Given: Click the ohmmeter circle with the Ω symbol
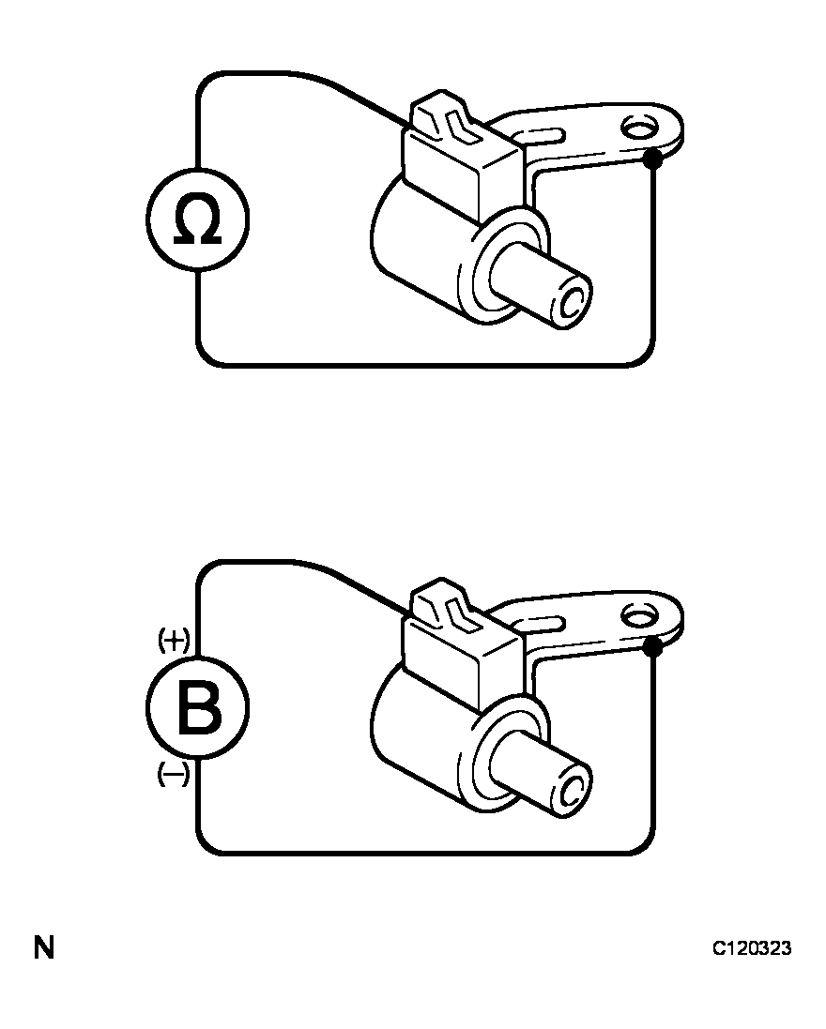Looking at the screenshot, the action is [197, 219].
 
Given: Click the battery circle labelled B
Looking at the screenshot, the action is [197, 708].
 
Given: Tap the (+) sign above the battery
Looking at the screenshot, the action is [174, 639].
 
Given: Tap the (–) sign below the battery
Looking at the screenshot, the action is [174, 775].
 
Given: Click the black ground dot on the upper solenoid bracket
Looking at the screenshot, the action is [652, 159].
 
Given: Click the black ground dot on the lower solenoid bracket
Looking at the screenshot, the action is [652, 647].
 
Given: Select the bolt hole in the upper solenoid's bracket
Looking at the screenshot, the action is [639, 128].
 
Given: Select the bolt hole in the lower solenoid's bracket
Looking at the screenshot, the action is [639, 617].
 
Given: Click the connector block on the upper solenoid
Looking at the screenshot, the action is [464, 171].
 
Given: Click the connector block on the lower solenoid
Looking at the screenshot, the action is [464, 658].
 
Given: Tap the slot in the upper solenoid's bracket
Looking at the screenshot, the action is [542, 136].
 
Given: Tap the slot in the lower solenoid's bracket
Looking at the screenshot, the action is [542, 624].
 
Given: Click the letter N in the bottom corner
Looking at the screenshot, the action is [44, 948].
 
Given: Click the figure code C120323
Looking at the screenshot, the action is [752, 948].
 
